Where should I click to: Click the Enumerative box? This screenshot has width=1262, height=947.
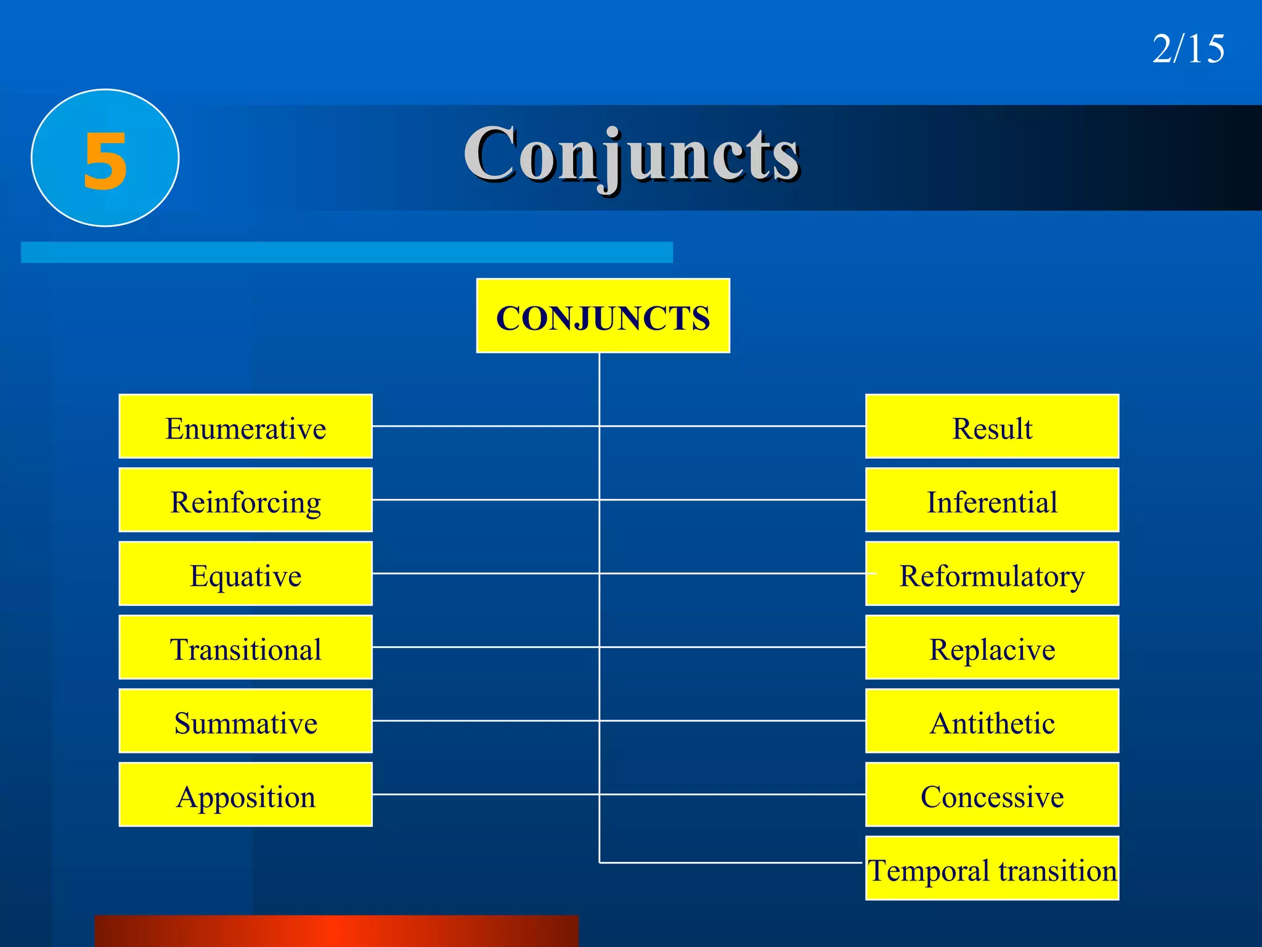pyautogui.click(x=245, y=427)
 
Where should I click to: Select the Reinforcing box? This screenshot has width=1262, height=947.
pyautogui.click(x=245, y=500)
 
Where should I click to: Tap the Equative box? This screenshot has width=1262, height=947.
pyautogui.click(x=245, y=574)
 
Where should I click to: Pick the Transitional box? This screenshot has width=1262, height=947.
pyautogui.click(x=245, y=647)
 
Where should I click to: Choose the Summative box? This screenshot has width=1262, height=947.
pyautogui.click(x=245, y=721)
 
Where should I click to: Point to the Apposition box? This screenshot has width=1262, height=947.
pyautogui.click(x=245, y=795)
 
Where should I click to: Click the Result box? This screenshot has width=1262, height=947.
pyautogui.click(x=992, y=427)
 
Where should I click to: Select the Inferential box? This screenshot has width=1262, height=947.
pyautogui.click(x=992, y=500)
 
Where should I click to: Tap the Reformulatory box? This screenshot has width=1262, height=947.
pyautogui.click(x=992, y=574)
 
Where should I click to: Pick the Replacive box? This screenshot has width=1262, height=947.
pyautogui.click(x=992, y=647)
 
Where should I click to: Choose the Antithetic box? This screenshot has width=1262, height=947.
pyautogui.click(x=992, y=721)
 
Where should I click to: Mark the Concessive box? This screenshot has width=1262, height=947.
pyautogui.click(x=992, y=795)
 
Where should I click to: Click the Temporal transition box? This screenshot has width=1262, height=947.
pyautogui.click(x=992, y=868)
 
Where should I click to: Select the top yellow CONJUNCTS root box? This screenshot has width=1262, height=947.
pyautogui.click(x=603, y=316)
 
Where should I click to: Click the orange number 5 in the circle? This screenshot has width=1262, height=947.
pyautogui.click(x=105, y=161)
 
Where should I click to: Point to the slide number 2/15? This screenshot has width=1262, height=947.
pyautogui.click(x=1188, y=49)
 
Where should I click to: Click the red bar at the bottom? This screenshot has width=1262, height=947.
pyautogui.click(x=336, y=931)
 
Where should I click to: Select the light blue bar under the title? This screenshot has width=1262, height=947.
pyautogui.click(x=346, y=252)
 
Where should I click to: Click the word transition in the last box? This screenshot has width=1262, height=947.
pyautogui.click(x=1057, y=871)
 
